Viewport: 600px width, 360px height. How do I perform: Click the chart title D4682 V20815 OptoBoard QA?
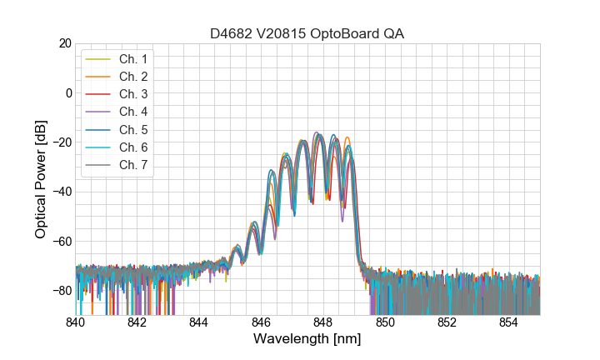(307, 33)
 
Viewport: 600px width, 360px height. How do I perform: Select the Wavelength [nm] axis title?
(307, 340)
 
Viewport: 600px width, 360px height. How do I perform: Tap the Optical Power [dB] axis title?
(41, 179)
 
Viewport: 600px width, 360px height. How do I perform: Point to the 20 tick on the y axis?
(64, 43)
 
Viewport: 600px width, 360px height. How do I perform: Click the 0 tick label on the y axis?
(67, 92)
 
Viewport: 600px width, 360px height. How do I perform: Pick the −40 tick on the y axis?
(61, 192)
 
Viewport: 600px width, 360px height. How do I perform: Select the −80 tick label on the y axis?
(61, 291)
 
